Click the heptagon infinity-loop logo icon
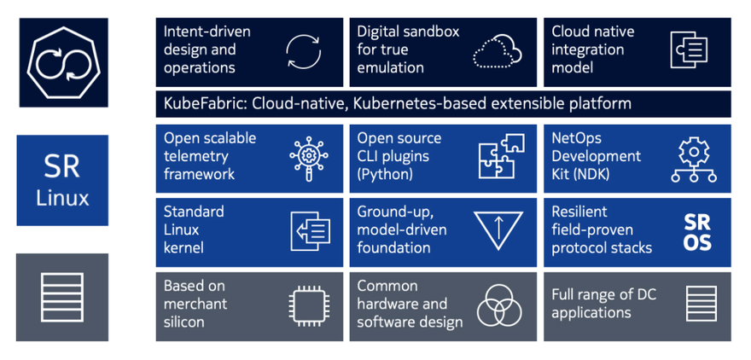coord(64,63)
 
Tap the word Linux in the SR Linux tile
coord(63,197)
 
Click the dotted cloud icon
coord(498,49)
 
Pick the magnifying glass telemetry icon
coord(309,159)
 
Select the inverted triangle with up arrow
coord(498,229)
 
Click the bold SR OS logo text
coord(697,233)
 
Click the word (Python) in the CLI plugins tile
coord(385,174)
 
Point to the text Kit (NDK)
coord(580,174)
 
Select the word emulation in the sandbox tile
coord(390,67)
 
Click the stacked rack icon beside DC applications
coord(702,304)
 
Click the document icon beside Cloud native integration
coord(689,49)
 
